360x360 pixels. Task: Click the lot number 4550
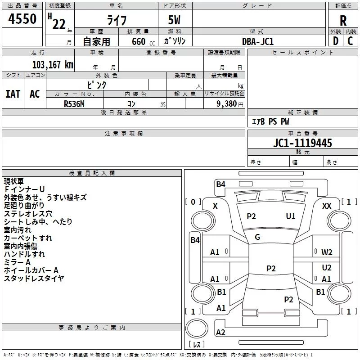(22, 19)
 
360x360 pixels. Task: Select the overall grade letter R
(343, 21)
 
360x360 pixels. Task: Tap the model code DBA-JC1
(258, 41)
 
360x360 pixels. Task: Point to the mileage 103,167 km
(53, 65)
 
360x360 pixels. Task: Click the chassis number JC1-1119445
(302, 143)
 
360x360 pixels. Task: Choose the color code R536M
(74, 104)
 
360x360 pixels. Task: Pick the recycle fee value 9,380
(227, 104)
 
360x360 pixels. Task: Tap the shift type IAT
(13, 94)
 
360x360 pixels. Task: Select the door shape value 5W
(174, 20)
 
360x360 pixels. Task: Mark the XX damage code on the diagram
(327, 206)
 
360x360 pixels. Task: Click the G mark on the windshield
(257, 237)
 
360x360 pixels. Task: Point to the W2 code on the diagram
(327, 252)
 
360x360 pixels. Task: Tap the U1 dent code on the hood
(291, 216)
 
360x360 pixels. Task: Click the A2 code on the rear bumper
(220, 332)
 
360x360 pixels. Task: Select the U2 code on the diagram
(327, 268)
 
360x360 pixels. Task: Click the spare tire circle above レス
(197, 328)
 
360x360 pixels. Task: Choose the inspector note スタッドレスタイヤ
(34, 279)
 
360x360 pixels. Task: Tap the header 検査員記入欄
(92, 173)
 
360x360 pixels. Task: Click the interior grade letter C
(350, 41)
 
